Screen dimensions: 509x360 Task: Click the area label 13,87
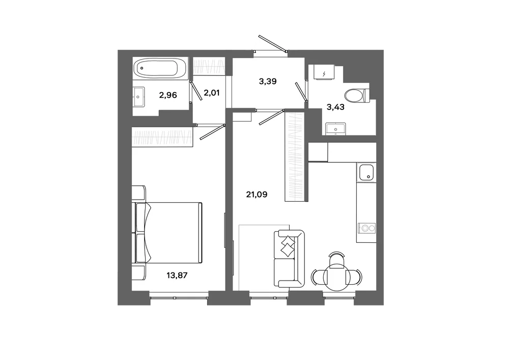(177, 275)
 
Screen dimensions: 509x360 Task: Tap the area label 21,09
(257, 195)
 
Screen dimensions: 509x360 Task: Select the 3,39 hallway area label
(268, 81)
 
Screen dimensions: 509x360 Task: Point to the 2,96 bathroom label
(168, 95)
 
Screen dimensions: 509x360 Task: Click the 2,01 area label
(212, 93)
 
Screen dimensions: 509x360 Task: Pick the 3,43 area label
(335, 107)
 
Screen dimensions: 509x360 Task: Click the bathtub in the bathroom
(160, 68)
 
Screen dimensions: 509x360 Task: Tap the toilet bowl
(357, 96)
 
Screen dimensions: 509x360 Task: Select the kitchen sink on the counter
(366, 172)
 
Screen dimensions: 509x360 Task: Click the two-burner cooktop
(366, 228)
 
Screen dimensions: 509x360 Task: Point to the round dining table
(337, 276)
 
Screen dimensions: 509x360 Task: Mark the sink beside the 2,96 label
(139, 96)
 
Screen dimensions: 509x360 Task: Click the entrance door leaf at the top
(273, 43)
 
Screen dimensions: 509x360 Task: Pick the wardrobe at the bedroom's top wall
(162, 137)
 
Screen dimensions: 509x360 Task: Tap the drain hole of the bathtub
(142, 69)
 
